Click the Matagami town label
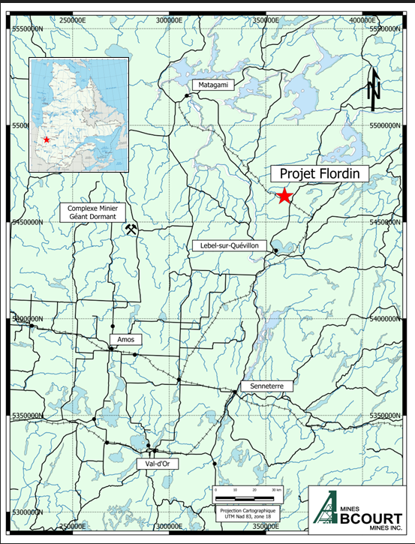point(212,86)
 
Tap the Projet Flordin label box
point(319,174)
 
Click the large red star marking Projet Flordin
point(284,197)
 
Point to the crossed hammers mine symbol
point(132,229)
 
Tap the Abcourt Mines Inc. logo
point(357,513)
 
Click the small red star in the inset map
point(47,140)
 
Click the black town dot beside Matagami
point(187,96)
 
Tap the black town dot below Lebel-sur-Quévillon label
point(275,251)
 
